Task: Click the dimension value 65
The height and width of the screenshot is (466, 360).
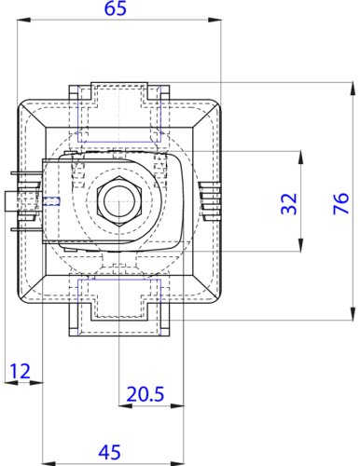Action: (116, 8)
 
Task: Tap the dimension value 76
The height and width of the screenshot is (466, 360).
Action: (341, 203)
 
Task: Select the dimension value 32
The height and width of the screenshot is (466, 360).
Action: (289, 204)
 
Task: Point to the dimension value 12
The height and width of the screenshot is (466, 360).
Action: (21, 371)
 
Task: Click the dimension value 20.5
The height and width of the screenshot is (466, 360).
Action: (145, 394)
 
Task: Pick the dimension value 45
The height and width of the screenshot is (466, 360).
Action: (110, 452)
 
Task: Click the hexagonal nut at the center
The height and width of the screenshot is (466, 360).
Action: (119, 200)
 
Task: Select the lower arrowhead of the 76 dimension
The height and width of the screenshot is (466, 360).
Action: (353, 313)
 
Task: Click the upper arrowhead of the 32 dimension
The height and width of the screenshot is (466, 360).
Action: (300, 158)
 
